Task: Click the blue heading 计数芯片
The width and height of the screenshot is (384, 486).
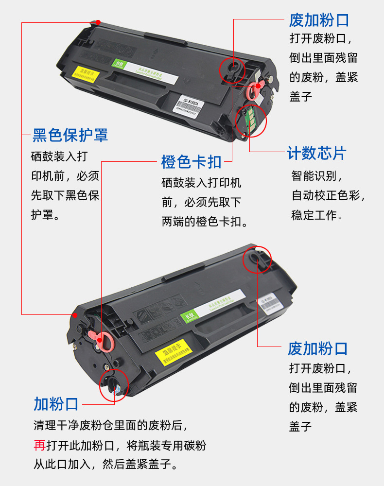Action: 316,153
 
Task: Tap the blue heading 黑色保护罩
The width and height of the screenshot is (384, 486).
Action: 70,135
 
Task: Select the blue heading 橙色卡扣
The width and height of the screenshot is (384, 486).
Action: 191,161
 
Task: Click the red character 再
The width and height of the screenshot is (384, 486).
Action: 39,445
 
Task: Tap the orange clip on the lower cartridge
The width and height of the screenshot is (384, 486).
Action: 103,341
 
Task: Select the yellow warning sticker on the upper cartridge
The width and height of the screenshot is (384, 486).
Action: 86,74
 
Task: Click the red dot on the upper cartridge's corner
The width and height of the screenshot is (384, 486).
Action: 98,22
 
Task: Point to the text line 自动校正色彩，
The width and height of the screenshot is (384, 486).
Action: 328,195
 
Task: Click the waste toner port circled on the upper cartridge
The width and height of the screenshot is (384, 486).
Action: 233,68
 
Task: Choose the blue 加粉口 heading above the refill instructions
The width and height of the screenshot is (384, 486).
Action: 56,403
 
